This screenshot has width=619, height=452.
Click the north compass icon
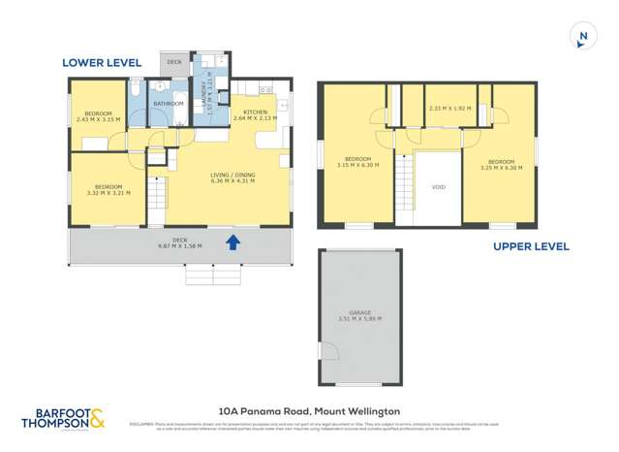(x=582, y=37)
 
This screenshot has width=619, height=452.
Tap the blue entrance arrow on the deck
(x=232, y=242)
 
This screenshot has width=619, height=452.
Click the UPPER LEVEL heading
(x=531, y=246)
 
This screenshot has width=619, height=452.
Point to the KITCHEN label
(x=255, y=113)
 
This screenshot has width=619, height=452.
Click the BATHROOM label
(x=169, y=103)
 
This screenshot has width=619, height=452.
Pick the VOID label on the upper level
(x=438, y=187)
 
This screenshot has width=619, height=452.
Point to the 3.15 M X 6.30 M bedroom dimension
(x=357, y=165)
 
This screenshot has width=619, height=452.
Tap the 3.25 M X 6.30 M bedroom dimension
(x=501, y=168)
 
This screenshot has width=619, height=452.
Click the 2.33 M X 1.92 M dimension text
(x=449, y=109)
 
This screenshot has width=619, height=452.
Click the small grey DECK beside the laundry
(x=174, y=62)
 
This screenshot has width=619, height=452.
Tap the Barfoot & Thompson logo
(x=64, y=419)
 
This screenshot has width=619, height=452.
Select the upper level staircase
(x=405, y=189)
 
